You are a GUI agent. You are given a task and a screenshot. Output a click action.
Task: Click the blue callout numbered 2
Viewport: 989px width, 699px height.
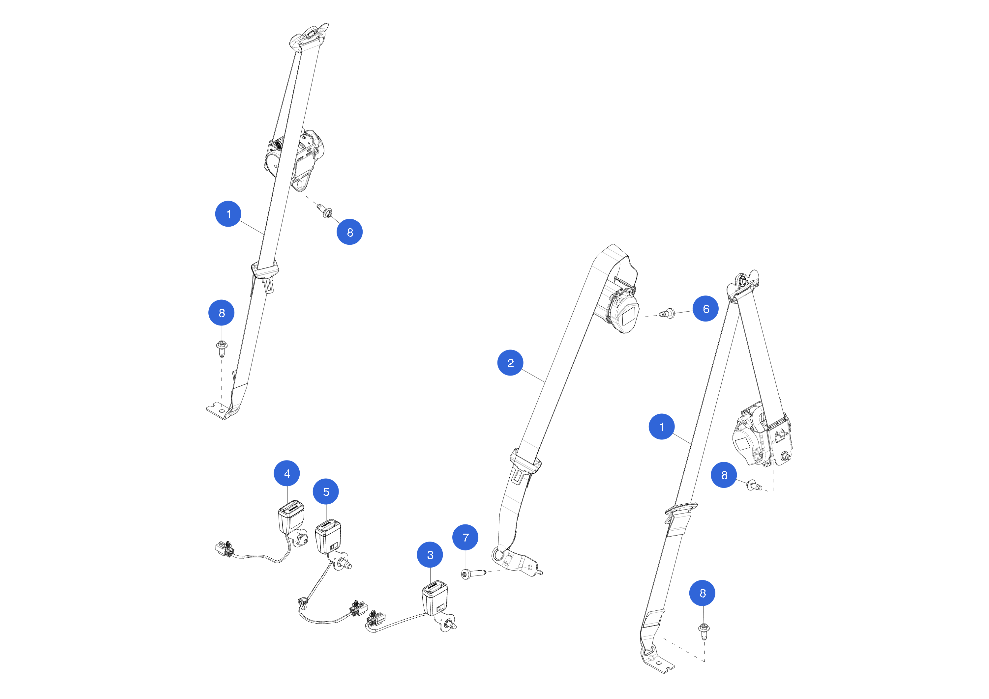pyautogui.click(x=510, y=363)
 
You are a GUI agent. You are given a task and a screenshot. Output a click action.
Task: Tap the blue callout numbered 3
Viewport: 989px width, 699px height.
pyautogui.click(x=430, y=555)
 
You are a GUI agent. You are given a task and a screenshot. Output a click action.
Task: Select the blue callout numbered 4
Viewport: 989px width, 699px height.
pyautogui.click(x=287, y=473)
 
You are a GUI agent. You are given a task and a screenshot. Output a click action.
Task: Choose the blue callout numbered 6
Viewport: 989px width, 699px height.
pyautogui.click(x=705, y=309)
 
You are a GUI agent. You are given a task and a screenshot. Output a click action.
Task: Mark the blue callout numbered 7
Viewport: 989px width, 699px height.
pyautogui.click(x=465, y=537)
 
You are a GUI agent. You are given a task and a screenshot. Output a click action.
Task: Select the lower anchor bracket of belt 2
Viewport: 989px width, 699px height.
pyautogui.click(x=517, y=562)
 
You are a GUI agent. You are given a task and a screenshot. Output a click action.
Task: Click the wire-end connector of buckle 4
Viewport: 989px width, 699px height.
pyautogui.click(x=224, y=549)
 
